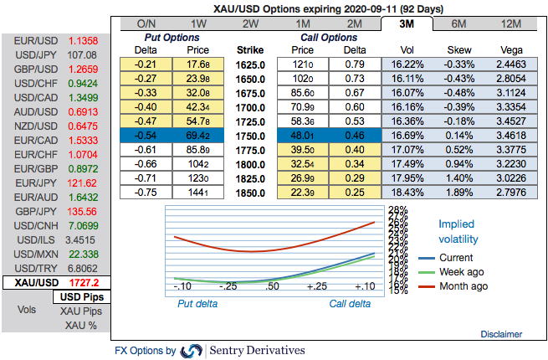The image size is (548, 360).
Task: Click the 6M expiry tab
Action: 459,23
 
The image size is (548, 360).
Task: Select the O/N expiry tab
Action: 145,23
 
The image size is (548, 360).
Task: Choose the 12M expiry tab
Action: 510,23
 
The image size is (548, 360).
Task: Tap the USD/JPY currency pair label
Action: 36,54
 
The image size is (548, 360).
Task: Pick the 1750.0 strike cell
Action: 251,135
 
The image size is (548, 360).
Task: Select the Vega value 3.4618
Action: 510,135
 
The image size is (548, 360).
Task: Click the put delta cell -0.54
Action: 147,135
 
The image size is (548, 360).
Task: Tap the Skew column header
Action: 458,49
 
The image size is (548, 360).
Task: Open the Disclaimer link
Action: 501,333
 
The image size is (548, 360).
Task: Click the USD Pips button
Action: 81,297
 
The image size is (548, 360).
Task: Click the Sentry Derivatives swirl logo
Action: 192,350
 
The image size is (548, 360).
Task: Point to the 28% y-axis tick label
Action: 397,210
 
